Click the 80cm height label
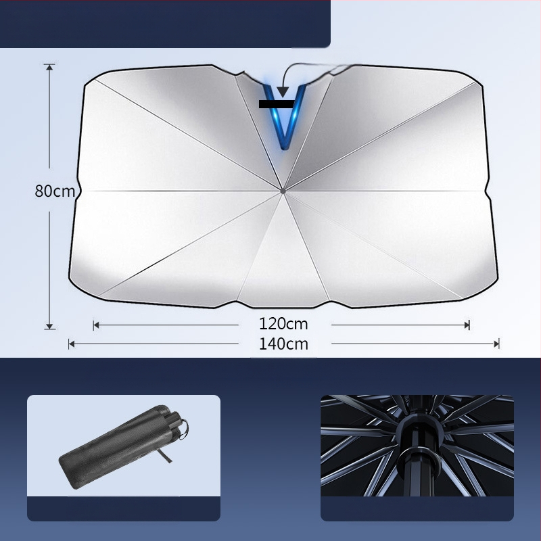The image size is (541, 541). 55,191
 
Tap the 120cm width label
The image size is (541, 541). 283,324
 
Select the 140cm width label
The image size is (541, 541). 283,344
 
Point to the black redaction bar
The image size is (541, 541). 277,104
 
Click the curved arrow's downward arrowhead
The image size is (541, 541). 283,92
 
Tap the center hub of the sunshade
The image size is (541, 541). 283,191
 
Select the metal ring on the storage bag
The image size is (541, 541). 184,429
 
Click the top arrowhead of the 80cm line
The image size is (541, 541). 49,67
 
